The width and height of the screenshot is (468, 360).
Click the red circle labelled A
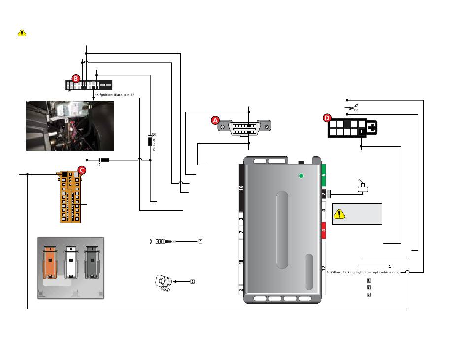(215, 120)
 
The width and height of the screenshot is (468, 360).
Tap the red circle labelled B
(75, 78)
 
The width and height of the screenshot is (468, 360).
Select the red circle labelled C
(82, 170)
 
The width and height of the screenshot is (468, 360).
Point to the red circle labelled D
(327, 117)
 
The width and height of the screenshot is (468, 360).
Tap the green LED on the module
(302, 176)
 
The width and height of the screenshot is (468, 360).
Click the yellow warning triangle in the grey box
(340, 214)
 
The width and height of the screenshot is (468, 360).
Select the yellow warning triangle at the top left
(22, 33)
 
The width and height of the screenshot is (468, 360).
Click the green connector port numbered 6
(324, 175)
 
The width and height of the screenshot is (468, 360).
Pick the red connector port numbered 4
(324, 230)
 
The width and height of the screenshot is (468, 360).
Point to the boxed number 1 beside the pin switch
(201, 241)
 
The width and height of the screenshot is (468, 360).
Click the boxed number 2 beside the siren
(193, 281)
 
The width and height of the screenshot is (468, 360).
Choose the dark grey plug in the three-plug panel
(92, 262)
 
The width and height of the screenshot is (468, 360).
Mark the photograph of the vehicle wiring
(70, 126)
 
